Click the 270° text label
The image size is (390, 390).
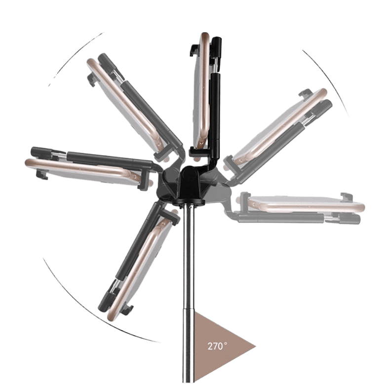(x=217, y=346)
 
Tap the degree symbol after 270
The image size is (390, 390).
(x=225, y=344)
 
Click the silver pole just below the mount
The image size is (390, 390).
(x=188, y=249)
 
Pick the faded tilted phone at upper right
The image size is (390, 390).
(x=279, y=126)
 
